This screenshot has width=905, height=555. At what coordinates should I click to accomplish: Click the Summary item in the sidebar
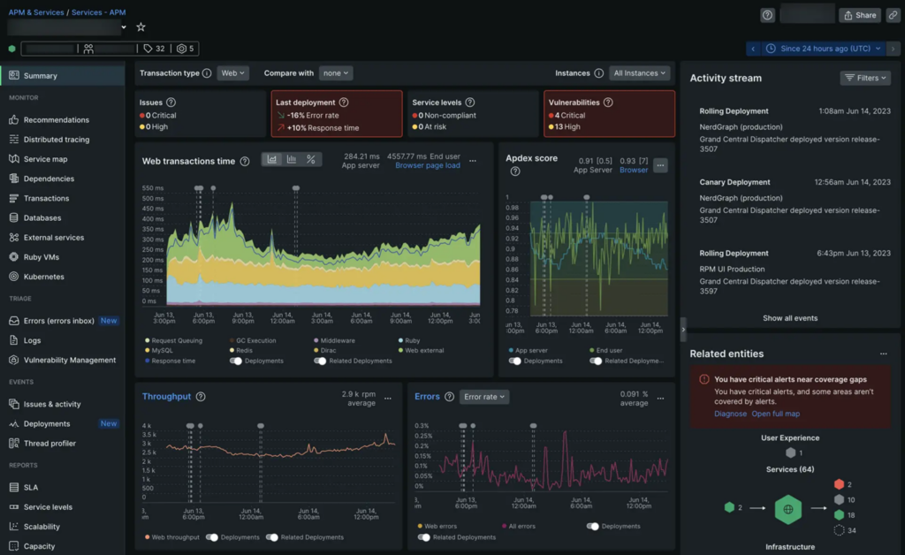point(40,76)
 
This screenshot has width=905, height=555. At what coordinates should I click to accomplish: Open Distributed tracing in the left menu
point(56,140)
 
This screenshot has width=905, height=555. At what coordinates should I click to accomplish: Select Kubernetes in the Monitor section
point(43,277)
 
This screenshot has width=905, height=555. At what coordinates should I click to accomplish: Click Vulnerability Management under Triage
point(69,361)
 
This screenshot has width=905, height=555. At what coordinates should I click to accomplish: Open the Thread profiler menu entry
point(49,444)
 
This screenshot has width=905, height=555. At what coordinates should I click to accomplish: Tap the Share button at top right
point(859,15)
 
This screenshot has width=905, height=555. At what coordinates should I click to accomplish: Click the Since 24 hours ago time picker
point(824,49)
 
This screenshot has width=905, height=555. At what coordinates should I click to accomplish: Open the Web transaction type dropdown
point(233,73)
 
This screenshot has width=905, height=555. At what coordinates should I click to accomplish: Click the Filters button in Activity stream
point(865,78)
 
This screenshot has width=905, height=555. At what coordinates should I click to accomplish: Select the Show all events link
point(790,318)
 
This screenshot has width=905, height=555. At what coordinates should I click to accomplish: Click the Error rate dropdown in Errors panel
point(484,397)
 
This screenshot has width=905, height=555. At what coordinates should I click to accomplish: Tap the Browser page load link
point(427,166)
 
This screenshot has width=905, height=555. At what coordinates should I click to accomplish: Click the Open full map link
point(775,414)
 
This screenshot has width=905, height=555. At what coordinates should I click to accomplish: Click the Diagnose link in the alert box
point(730,414)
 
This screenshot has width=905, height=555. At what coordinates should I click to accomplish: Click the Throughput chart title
point(166,397)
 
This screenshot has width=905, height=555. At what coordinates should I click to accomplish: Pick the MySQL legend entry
point(163,351)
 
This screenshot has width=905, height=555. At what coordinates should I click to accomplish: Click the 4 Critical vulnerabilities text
point(570,116)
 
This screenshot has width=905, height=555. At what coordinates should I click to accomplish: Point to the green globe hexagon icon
point(788,510)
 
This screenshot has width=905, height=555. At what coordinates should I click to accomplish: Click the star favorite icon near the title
point(141,27)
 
